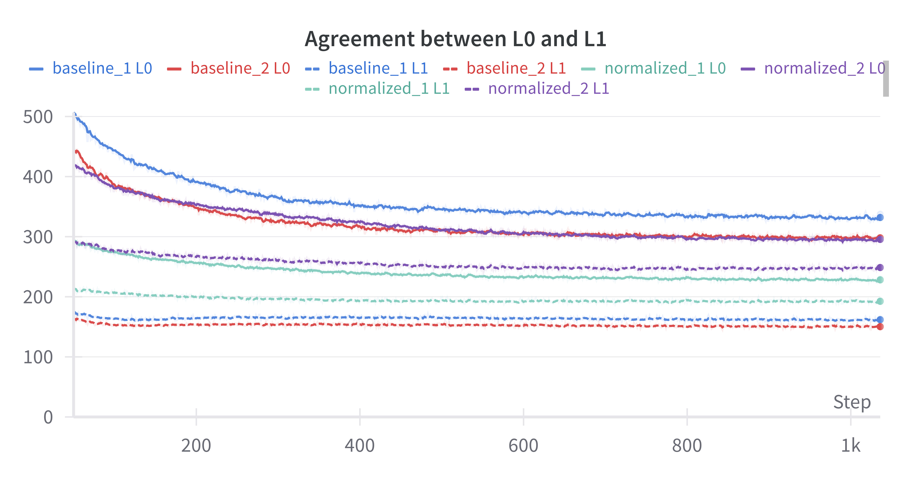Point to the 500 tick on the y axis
pyautogui.click(x=38, y=117)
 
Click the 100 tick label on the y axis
pyautogui.click(x=38, y=357)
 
